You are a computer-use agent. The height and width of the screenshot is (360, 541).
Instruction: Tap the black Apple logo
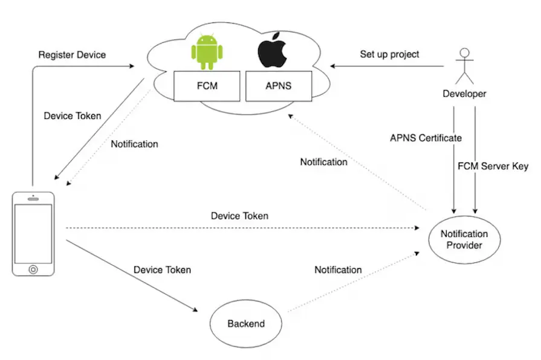pyautogui.click(x=271, y=53)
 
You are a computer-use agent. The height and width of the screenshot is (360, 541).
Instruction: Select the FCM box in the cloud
pyautogui.click(x=208, y=86)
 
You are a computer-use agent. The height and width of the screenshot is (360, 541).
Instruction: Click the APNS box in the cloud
pyautogui.click(x=277, y=86)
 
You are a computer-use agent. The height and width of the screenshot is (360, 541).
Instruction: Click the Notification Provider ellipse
pyautogui.click(x=464, y=239)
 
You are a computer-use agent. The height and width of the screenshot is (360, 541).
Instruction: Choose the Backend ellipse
pyautogui.click(x=246, y=324)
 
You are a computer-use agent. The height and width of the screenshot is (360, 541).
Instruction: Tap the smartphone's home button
pyautogui.click(x=33, y=268)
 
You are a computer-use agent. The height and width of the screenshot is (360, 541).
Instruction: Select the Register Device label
pyautogui.click(x=72, y=55)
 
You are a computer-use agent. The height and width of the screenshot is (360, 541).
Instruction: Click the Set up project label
pyautogui.click(x=389, y=54)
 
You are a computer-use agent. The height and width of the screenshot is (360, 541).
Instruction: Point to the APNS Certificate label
pyautogui.click(x=426, y=138)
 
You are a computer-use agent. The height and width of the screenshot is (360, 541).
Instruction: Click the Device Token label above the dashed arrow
pyautogui.click(x=239, y=216)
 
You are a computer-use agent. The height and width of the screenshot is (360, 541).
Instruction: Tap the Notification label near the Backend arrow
pyautogui.click(x=338, y=270)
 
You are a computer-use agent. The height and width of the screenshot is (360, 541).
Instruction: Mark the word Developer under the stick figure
pyautogui.click(x=464, y=94)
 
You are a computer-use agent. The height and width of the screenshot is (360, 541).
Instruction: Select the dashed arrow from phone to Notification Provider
pyautogui.click(x=242, y=228)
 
